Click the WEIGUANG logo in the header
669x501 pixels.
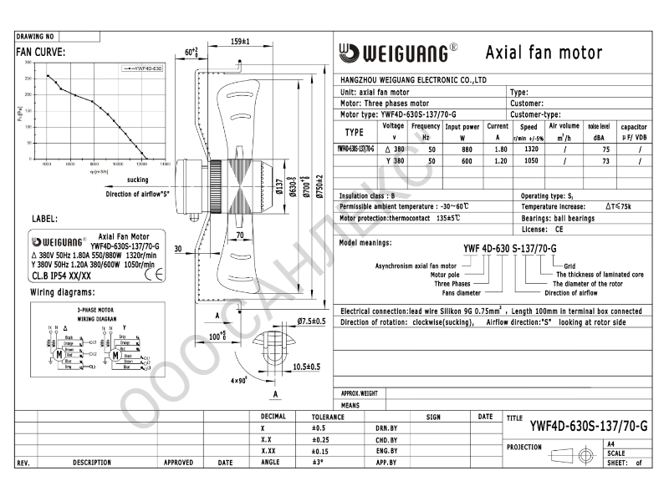[x=397, y=53]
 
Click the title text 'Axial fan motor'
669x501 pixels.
[x=544, y=53]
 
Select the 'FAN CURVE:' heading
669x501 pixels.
[x=41, y=52]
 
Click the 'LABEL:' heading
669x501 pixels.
[x=44, y=219]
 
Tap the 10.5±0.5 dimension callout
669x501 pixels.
[x=306, y=367]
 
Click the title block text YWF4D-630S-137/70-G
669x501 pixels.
[x=588, y=426]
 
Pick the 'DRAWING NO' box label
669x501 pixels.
[x=35, y=38]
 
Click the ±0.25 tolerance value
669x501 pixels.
[x=322, y=439]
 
